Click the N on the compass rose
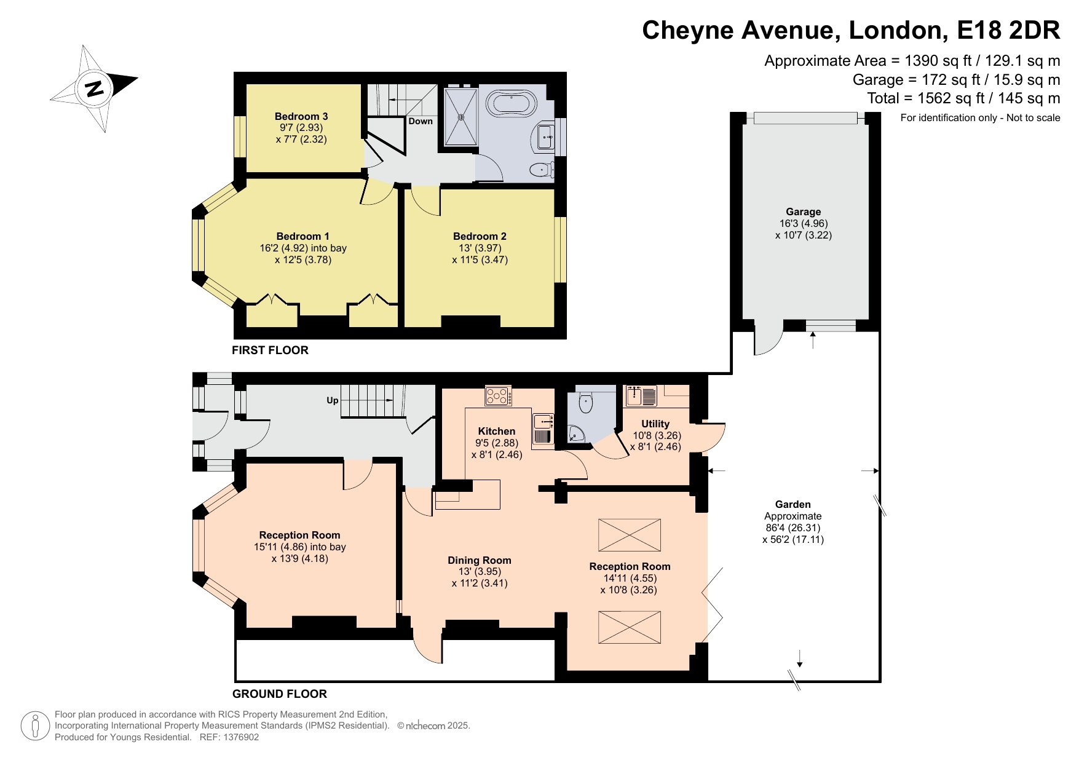point(94,89)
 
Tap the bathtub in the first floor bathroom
point(511,105)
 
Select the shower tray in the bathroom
point(460,117)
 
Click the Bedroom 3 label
point(301,116)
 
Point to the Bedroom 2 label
point(480,236)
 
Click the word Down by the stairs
point(421,121)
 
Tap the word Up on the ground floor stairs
point(333,400)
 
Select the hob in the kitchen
point(498,395)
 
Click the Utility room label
point(655,424)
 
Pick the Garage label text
point(803,212)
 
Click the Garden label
point(792,504)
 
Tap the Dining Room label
point(480,560)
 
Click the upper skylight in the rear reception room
point(630,535)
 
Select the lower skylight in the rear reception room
point(630,627)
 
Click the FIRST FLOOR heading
point(270,350)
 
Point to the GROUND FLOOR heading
point(280,694)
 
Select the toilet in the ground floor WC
point(585,403)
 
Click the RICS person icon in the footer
point(35,726)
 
